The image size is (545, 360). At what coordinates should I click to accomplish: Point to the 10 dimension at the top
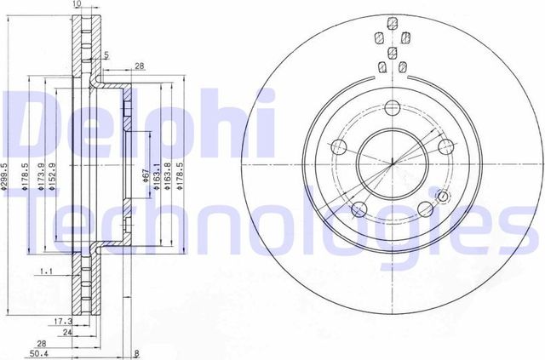(x=77, y=5)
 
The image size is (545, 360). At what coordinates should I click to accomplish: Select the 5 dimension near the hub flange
(x=105, y=56)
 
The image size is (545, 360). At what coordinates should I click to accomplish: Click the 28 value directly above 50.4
(x=42, y=342)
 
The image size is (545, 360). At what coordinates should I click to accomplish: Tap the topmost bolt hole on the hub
(x=392, y=107)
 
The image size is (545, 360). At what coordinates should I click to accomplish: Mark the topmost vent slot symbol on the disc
(x=393, y=22)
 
